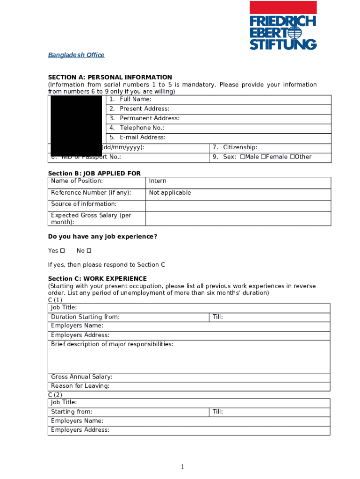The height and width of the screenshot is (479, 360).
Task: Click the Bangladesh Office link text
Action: point(76,55)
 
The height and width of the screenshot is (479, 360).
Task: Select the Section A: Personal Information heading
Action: point(110,77)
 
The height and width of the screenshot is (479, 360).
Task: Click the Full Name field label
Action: point(135,99)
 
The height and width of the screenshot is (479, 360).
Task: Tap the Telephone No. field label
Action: point(142,128)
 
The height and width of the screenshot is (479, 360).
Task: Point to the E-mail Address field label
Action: point(142,138)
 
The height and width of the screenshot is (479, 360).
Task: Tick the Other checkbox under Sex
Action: point(292,157)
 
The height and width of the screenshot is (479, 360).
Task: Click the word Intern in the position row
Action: point(158,181)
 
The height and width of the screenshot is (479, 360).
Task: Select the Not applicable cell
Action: point(170,193)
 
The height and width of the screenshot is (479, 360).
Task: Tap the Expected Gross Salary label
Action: point(91,218)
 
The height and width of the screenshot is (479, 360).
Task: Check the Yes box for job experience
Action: point(63,251)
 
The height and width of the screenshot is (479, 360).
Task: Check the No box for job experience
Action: point(89,251)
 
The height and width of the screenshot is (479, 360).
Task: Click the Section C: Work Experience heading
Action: point(97,279)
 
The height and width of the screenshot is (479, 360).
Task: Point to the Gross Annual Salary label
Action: point(81,377)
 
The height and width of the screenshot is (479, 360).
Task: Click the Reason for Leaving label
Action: point(80,386)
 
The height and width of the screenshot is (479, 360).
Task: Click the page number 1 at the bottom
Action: point(183,467)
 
